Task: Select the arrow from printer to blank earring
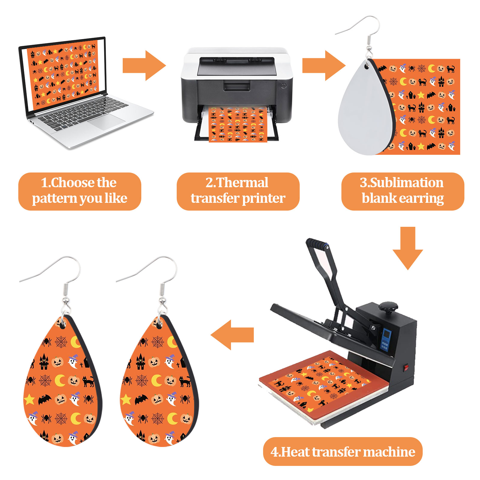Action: [323, 66]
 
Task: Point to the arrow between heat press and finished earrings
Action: [232, 335]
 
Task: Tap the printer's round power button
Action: [283, 85]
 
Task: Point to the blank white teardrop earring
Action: [364, 114]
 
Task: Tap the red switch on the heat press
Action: [406, 367]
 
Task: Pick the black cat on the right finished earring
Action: [185, 381]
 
